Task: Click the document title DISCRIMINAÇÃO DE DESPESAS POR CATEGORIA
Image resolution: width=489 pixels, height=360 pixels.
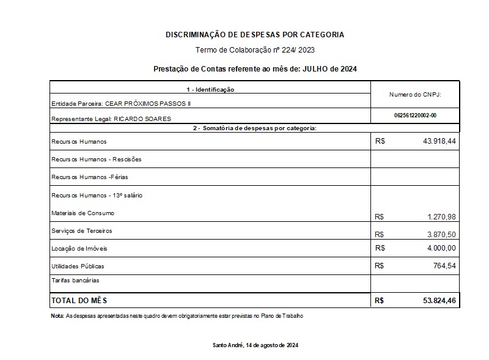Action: click(254, 35)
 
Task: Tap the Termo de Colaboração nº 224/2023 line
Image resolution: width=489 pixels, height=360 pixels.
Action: click(255, 50)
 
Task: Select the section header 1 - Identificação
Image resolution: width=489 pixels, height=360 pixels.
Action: click(210, 90)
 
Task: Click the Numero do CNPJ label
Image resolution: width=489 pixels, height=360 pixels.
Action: click(415, 95)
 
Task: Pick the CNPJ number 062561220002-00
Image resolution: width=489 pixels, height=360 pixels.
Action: click(415, 115)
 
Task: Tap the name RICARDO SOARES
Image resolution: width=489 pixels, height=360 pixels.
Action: click(145, 119)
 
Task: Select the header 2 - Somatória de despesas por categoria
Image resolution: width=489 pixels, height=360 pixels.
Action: click(254, 128)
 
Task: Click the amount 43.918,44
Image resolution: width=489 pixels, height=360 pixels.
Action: click(435, 141)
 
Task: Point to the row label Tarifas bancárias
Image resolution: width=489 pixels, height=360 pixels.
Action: click(75, 281)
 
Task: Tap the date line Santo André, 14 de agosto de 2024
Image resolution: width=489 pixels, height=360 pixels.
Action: click(255, 345)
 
